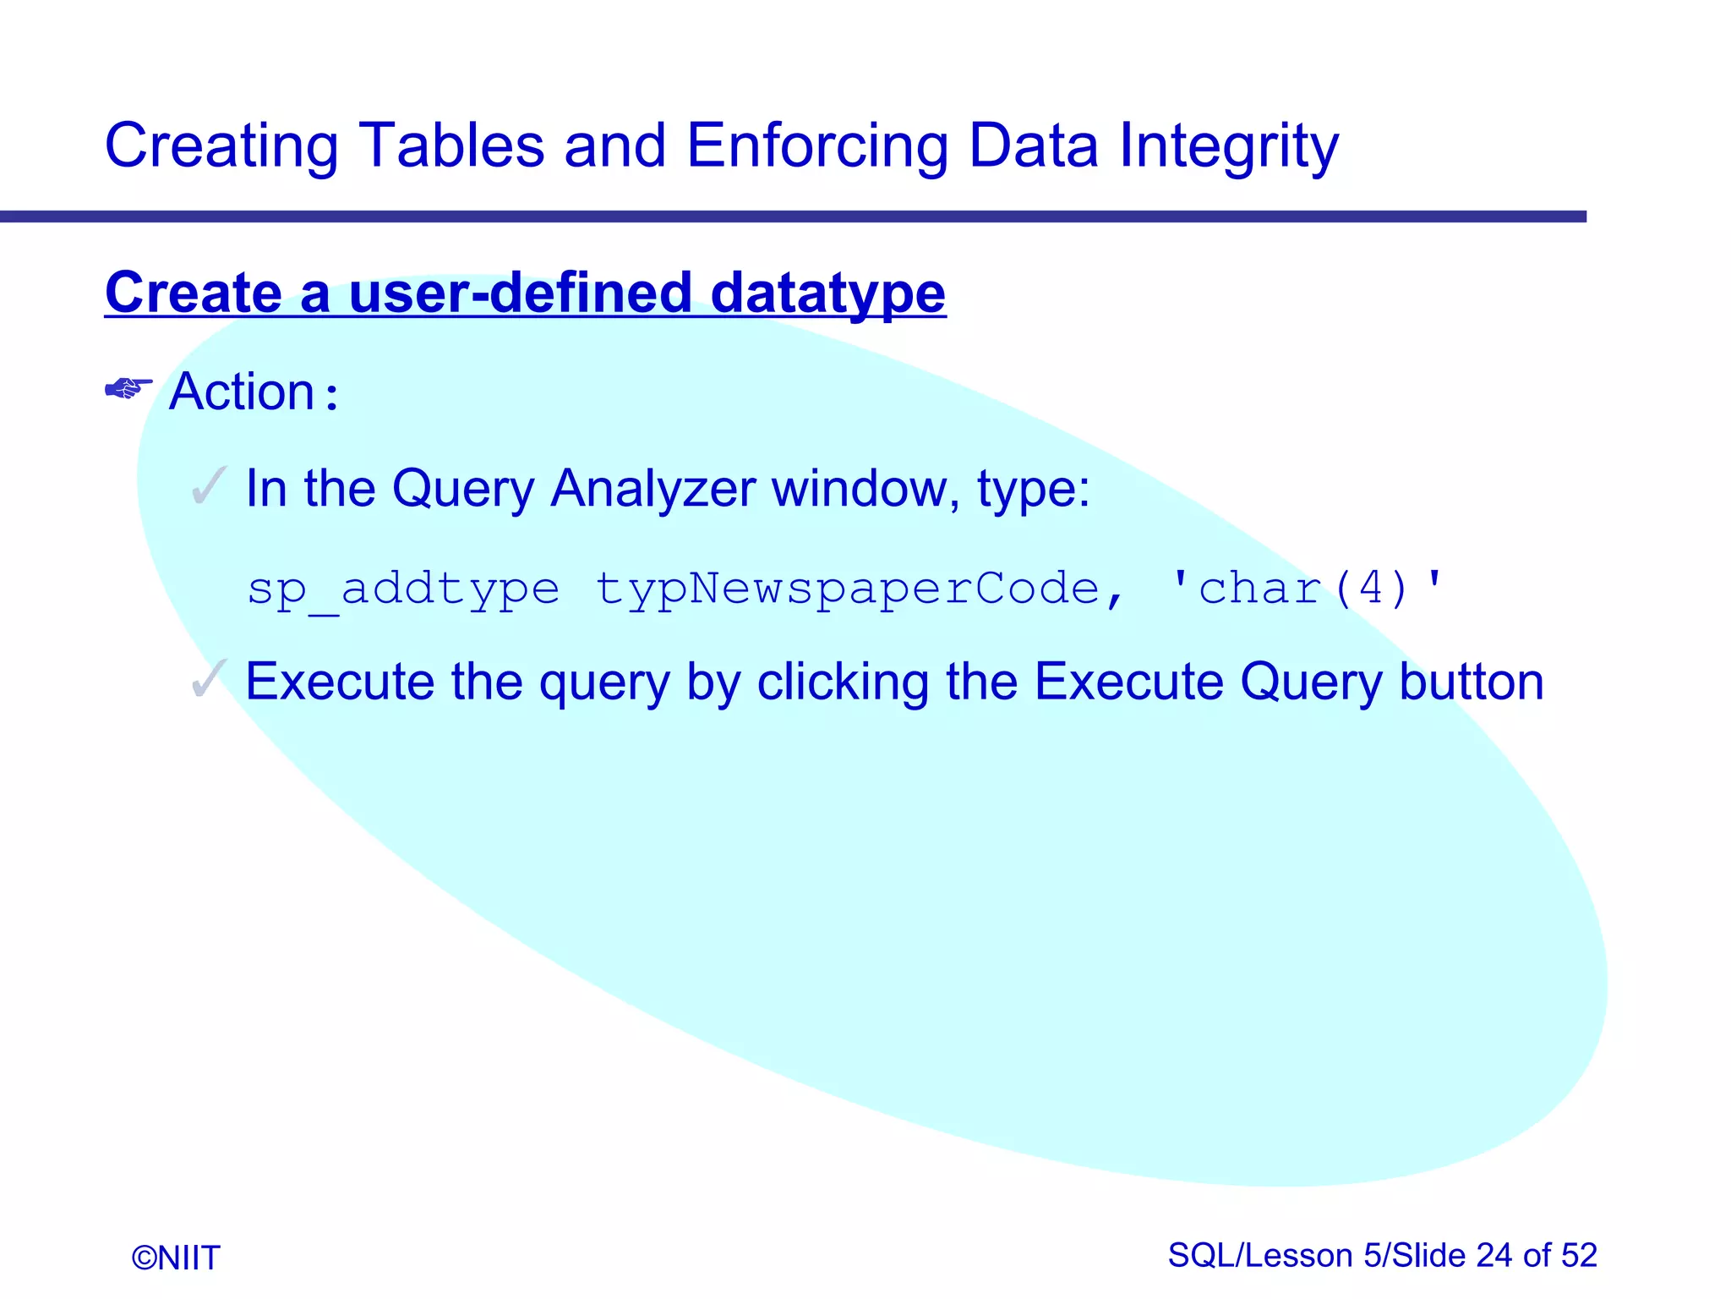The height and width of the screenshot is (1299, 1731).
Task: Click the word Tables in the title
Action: click(451, 145)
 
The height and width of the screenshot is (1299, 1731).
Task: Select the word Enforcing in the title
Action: click(817, 145)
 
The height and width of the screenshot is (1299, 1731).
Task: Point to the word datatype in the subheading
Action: click(827, 293)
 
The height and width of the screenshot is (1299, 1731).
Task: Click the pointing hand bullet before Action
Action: click(128, 389)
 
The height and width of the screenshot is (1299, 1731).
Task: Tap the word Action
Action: click(242, 392)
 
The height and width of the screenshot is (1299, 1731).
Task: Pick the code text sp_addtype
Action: click(403, 589)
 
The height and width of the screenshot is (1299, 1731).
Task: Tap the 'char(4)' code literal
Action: click(1308, 589)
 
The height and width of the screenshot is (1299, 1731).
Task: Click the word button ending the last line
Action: click(1471, 682)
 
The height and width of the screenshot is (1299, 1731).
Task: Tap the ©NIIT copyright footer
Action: click(176, 1258)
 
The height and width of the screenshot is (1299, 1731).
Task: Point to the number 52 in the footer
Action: click(1579, 1255)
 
